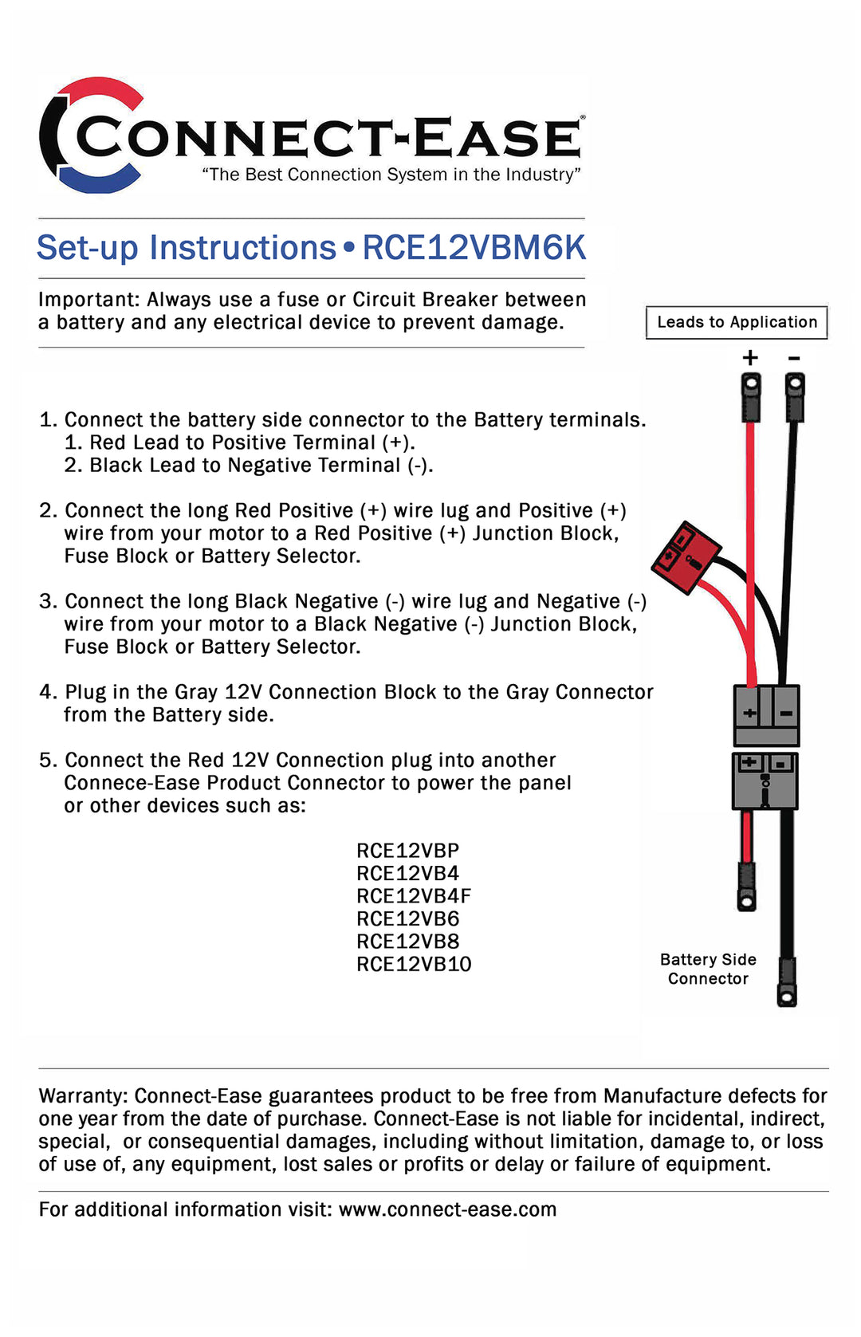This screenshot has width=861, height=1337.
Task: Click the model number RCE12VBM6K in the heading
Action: (x=474, y=248)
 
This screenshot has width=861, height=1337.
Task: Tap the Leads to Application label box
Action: (x=737, y=322)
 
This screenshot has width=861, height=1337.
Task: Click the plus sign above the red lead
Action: (x=750, y=358)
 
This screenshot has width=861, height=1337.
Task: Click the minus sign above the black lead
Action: (x=794, y=358)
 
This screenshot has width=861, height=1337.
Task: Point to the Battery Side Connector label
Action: (x=708, y=969)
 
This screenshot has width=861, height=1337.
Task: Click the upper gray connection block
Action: (x=766, y=714)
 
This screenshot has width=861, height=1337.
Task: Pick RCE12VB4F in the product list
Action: (x=414, y=896)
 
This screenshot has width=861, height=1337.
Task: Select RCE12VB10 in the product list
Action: (x=414, y=965)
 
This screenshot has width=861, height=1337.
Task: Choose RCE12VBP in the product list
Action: (x=408, y=851)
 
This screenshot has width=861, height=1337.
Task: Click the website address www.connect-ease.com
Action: (x=447, y=1209)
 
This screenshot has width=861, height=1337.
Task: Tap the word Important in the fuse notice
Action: (x=88, y=300)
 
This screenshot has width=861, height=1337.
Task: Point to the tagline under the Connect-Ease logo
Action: (x=391, y=175)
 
